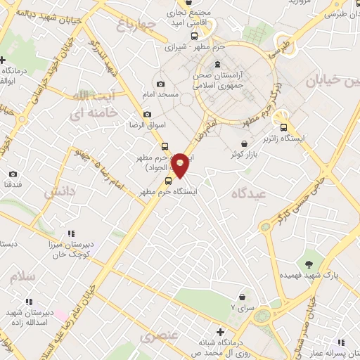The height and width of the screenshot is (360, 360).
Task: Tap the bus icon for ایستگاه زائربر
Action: [283, 127]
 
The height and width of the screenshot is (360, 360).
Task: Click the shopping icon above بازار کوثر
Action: [243, 143]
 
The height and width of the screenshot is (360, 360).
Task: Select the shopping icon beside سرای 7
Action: [243, 297]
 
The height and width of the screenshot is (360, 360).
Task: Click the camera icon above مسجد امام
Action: [160, 84]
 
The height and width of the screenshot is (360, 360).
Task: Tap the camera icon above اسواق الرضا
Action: [147, 114]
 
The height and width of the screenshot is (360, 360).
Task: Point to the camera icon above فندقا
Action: [13, 174]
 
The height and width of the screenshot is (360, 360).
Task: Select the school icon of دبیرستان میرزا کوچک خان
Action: [71, 233]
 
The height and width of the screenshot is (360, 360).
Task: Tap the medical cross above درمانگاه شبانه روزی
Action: [220, 331]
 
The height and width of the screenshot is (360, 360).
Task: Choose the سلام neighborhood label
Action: [22, 276]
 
